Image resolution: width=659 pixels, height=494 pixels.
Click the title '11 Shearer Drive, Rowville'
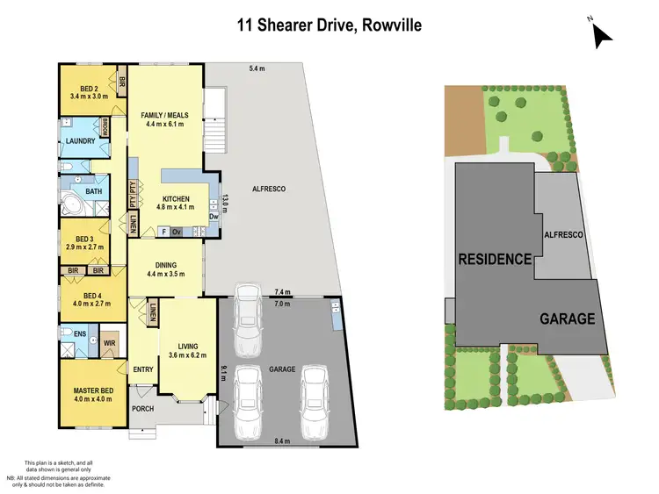coord(329,25)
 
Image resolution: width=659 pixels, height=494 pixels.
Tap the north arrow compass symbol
coord(601,34)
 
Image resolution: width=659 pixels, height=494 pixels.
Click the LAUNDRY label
coord(77,141)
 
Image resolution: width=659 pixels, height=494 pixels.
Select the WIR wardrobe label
coord(111,343)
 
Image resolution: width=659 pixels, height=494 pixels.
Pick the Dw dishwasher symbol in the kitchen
coord(214,216)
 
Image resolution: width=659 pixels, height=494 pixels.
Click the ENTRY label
coord(143,369)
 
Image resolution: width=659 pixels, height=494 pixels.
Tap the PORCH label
coord(142,409)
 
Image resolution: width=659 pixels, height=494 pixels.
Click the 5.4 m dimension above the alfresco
coord(256,68)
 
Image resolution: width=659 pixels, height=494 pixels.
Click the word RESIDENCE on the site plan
coord(494,259)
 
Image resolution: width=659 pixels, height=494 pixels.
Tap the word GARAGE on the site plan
coord(567,319)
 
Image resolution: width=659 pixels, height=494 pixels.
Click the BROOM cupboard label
coord(105,125)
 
